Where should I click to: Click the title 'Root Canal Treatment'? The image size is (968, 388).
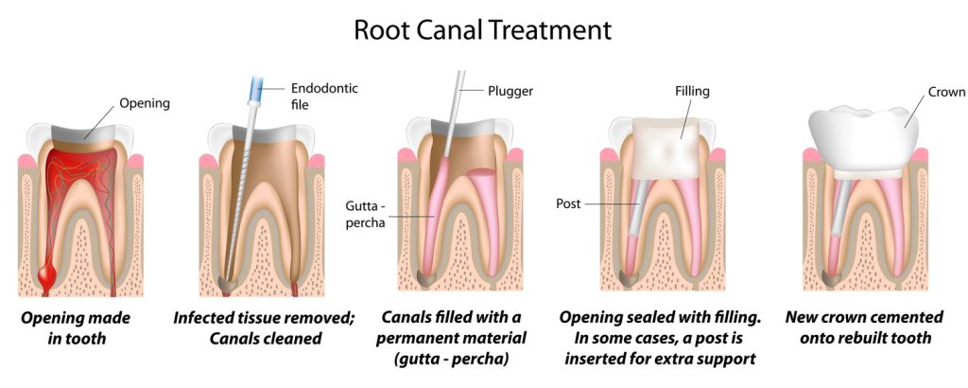483,29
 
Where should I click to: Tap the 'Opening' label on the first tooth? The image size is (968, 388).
145,103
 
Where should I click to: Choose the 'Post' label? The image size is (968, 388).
569,203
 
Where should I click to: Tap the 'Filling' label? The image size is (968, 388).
692,91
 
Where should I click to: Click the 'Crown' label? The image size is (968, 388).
946,92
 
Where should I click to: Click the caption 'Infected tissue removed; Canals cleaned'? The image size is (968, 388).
263,327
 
